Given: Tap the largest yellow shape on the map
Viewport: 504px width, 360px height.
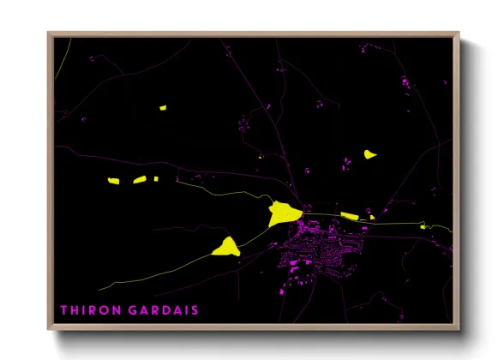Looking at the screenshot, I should pos(283,213).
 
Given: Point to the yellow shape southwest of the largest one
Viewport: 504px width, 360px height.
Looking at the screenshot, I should pos(225,248).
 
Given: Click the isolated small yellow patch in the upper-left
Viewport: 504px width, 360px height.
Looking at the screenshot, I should pos(162,108).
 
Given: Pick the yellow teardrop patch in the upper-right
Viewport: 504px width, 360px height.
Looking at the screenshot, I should pos(369,155).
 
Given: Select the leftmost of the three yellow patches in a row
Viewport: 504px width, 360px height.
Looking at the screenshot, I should pos(113,181).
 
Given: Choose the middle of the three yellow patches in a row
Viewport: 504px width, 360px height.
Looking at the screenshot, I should pos(139,180).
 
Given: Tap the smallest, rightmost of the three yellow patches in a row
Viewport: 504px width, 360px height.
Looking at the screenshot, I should pos(155,179).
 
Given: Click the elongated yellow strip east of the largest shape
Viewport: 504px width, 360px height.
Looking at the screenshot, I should pos(350,216).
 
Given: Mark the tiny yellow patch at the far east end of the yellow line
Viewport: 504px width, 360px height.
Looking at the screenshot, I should pos(423,226).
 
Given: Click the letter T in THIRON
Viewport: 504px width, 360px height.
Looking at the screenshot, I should pos(63,309).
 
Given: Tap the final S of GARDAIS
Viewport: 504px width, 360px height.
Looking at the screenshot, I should pos(195,309).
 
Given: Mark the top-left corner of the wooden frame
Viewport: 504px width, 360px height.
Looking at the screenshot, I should pos(49,33).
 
